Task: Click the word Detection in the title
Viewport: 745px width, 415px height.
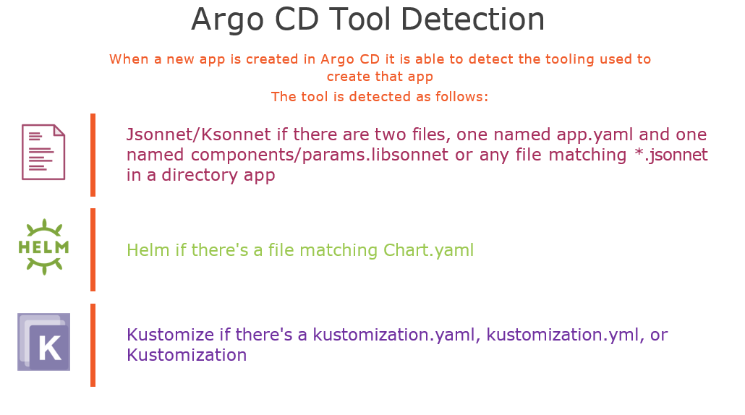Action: click(x=472, y=20)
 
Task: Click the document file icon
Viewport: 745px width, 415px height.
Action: click(x=43, y=152)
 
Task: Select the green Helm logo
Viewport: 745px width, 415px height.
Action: click(x=43, y=247)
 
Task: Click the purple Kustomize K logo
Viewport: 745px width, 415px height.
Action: click(x=43, y=342)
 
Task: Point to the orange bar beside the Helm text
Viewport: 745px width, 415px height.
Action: click(x=93, y=249)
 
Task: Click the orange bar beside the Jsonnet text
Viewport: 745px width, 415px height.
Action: click(x=93, y=155)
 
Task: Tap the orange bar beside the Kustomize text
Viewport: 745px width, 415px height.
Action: click(x=93, y=345)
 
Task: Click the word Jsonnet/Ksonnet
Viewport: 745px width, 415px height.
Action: click(x=199, y=134)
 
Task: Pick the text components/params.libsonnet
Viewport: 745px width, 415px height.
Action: click(x=320, y=155)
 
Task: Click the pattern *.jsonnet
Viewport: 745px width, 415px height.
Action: click(x=671, y=155)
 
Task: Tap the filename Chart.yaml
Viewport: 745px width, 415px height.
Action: click(x=429, y=250)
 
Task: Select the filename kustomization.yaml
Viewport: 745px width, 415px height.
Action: click(x=394, y=335)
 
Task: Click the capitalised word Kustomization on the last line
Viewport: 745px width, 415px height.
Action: click(x=187, y=355)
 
